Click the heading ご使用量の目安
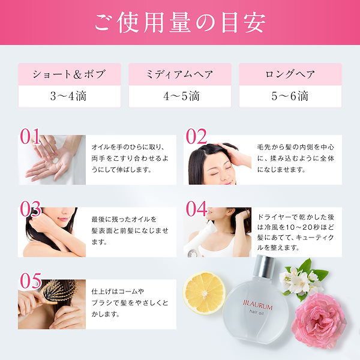180,23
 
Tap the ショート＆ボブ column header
70,74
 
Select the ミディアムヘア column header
180,74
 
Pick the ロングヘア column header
290,74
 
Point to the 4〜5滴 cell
180,96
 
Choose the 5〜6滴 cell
290,96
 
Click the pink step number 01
30,136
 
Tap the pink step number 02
196,136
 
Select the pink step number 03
31,209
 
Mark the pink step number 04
196,209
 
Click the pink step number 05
31,281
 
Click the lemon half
204,293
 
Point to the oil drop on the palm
55,161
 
